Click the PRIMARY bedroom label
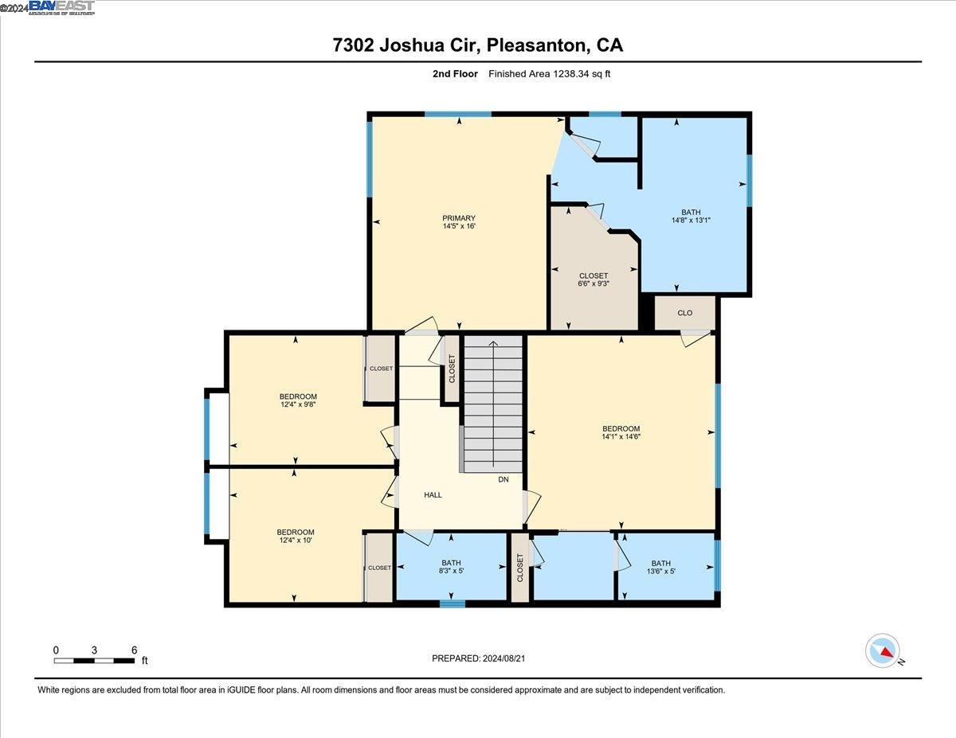click(459, 218)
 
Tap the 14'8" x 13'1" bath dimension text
click(691, 221)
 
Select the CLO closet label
click(685, 313)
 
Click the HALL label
click(433, 495)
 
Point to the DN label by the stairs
click(503, 479)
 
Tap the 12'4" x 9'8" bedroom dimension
click(298, 405)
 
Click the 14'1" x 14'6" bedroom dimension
click(621, 436)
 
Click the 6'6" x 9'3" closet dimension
click(593, 284)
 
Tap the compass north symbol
click(883, 650)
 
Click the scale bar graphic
click(94, 660)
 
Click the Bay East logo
click(61, 7)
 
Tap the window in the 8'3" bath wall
click(453, 603)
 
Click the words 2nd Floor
click(449, 74)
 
